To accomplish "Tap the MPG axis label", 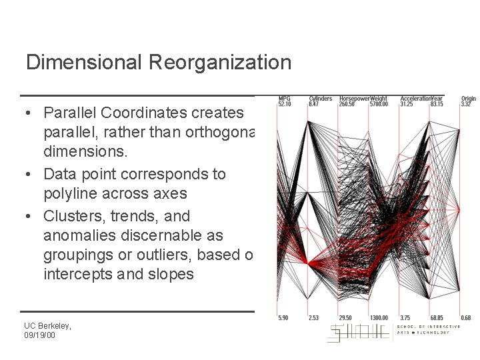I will pyautogui.click(x=284, y=99).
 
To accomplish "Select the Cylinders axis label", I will pyautogui.click(x=320, y=99).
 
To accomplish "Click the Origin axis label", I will pyautogui.click(x=469, y=99).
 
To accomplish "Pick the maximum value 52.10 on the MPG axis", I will pyautogui.click(x=285, y=104).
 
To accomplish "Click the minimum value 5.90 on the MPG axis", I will pyautogui.click(x=283, y=317).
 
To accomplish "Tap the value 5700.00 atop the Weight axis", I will pyautogui.click(x=378, y=104).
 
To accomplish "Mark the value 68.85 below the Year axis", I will pyautogui.click(x=437, y=317).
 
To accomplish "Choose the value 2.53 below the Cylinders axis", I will pyautogui.click(x=314, y=317).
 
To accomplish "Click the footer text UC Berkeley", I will pyautogui.click(x=47, y=325).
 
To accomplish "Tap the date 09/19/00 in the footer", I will pyautogui.click(x=40, y=335).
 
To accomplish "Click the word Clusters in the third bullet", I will pyautogui.click(x=73, y=216).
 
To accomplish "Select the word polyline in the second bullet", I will pyautogui.click(x=70, y=194).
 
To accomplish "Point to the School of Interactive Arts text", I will pyautogui.click(x=428, y=327).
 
